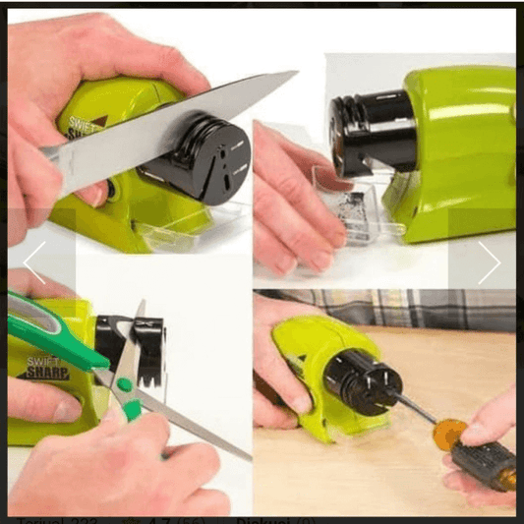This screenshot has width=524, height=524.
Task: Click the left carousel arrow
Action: pos(34,263)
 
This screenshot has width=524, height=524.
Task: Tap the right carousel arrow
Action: pos(489,263)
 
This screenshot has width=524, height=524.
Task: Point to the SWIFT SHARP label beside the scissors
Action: pos(40,369)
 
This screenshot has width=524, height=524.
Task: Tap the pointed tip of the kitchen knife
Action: pos(295,74)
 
